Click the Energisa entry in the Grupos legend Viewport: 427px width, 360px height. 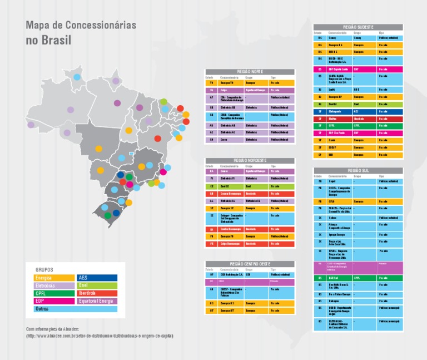click(x=54, y=277)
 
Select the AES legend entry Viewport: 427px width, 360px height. click(x=97, y=277)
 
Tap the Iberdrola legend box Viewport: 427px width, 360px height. click(x=97, y=293)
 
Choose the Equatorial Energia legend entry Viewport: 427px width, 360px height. click(x=97, y=301)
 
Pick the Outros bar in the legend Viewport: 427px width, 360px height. click(x=75, y=309)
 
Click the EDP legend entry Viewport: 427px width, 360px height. click(x=54, y=301)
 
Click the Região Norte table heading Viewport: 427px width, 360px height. click(x=250, y=72)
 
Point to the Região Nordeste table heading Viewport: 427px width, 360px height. click(x=250, y=160)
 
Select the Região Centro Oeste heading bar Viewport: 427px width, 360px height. click(x=250, y=264)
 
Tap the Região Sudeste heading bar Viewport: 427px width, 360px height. click(x=358, y=27)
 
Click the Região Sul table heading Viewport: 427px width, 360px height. click(x=358, y=170)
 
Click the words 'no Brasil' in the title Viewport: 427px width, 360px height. click(x=49, y=41)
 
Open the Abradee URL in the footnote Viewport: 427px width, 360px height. click(x=100, y=336)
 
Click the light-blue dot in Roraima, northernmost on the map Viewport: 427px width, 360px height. click(x=77, y=77)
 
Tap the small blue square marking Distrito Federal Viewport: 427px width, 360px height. click(x=131, y=154)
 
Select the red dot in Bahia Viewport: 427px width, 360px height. click(x=158, y=139)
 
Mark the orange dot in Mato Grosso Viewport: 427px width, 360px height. click(x=101, y=170)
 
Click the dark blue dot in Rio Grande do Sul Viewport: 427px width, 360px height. click(x=116, y=213)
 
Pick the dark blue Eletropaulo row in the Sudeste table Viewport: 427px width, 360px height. click(x=358, y=112)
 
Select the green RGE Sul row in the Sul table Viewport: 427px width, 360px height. click(x=358, y=278)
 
